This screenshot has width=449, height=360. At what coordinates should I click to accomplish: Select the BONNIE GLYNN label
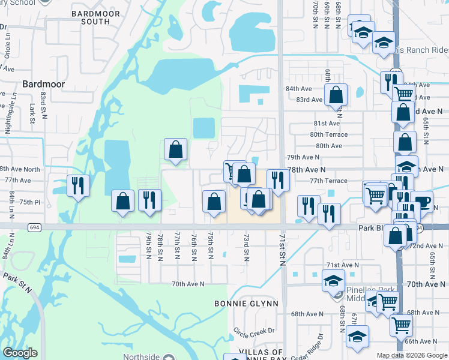(246, 304)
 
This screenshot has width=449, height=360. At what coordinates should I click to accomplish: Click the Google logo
(20, 353)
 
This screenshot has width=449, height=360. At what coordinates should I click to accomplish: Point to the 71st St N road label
(282, 250)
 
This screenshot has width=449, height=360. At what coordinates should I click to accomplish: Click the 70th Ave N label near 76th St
(188, 284)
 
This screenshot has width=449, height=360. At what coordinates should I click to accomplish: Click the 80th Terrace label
(326, 134)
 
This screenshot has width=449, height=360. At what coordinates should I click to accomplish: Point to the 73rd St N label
(246, 247)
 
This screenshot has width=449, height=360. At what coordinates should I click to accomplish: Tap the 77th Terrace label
(328, 181)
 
